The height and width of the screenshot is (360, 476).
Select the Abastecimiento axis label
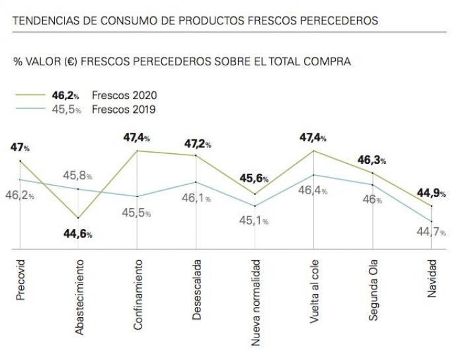click(x=79, y=297)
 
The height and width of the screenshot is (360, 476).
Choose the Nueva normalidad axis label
click(x=256, y=303)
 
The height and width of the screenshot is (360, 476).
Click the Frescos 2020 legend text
click(x=124, y=95)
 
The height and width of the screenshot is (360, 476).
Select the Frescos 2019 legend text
click(x=124, y=110)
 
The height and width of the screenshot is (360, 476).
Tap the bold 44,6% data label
click(x=78, y=234)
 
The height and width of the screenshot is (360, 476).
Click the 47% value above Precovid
click(x=20, y=148)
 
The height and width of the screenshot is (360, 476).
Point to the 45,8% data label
click(x=78, y=176)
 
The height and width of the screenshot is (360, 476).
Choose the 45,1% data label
click(x=254, y=221)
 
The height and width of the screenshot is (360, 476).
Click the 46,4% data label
click(x=313, y=190)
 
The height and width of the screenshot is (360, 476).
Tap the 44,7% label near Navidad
click(x=431, y=232)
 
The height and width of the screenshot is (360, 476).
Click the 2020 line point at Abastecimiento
click(x=79, y=217)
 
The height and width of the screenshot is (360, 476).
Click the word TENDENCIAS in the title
click(x=46, y=21)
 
